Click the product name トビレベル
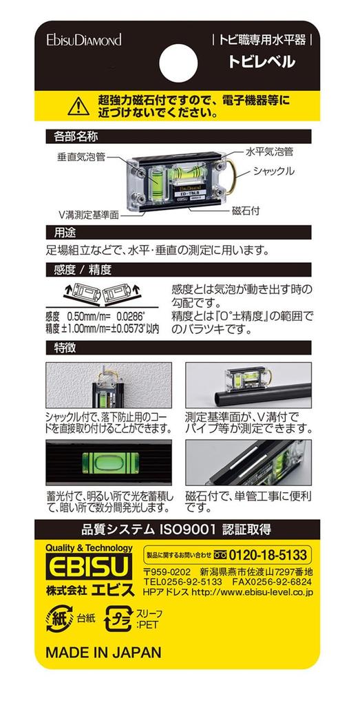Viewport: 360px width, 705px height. tap(262, 62)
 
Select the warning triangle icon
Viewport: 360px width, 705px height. tap(79, 105)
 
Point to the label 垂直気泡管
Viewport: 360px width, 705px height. tap(81, 157)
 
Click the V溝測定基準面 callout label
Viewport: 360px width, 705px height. tap(82, 214)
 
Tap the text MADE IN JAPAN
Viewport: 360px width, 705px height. tap(104, 651)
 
